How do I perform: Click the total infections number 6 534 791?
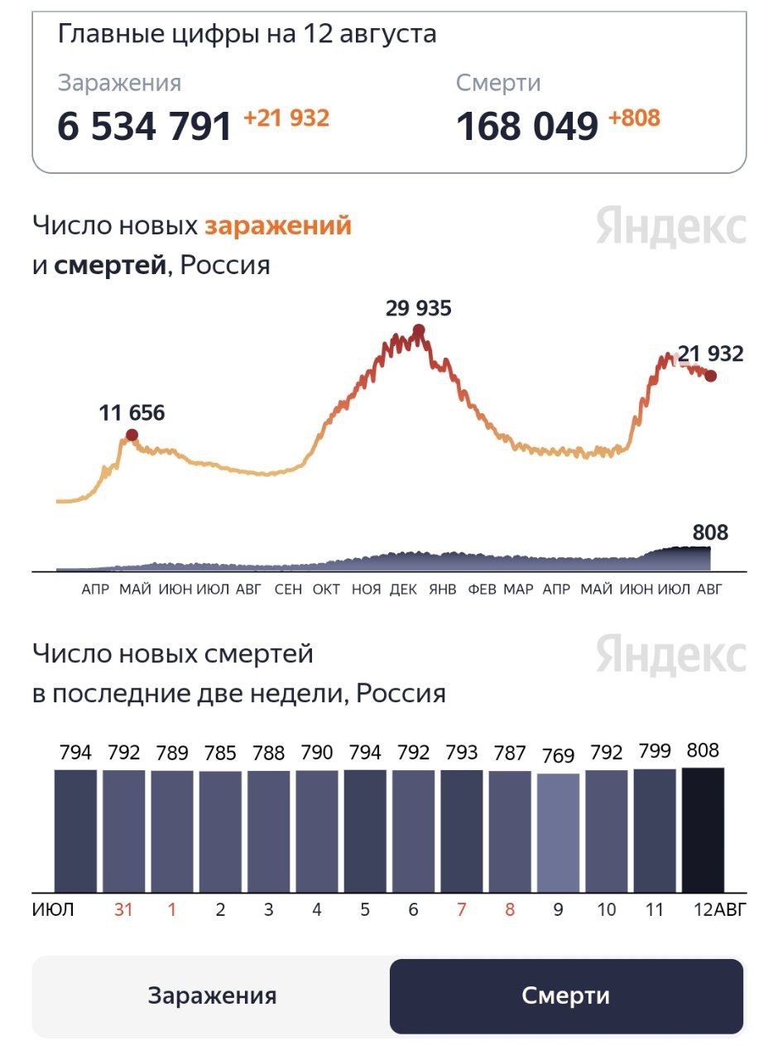point(145,126)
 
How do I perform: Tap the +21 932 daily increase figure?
point(286,118)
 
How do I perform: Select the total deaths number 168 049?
point(526,126)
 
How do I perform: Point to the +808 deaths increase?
point(634,118)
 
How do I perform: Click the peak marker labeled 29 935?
point(419,330)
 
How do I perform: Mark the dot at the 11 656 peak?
point(132,435)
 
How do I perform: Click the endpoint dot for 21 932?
point(710,376)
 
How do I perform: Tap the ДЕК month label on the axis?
point(403,590)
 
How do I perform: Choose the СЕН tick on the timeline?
point(288,590)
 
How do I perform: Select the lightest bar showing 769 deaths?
point(558,832)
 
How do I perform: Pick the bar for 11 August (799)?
point(655,830)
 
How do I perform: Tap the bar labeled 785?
point(220,831)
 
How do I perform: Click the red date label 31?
point(123,910)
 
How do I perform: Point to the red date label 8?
point(510,910)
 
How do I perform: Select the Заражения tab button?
point(212,995)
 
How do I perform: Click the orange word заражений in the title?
point(278,225)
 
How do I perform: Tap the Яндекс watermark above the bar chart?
point(670,655)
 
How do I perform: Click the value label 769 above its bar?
point(558,757)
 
